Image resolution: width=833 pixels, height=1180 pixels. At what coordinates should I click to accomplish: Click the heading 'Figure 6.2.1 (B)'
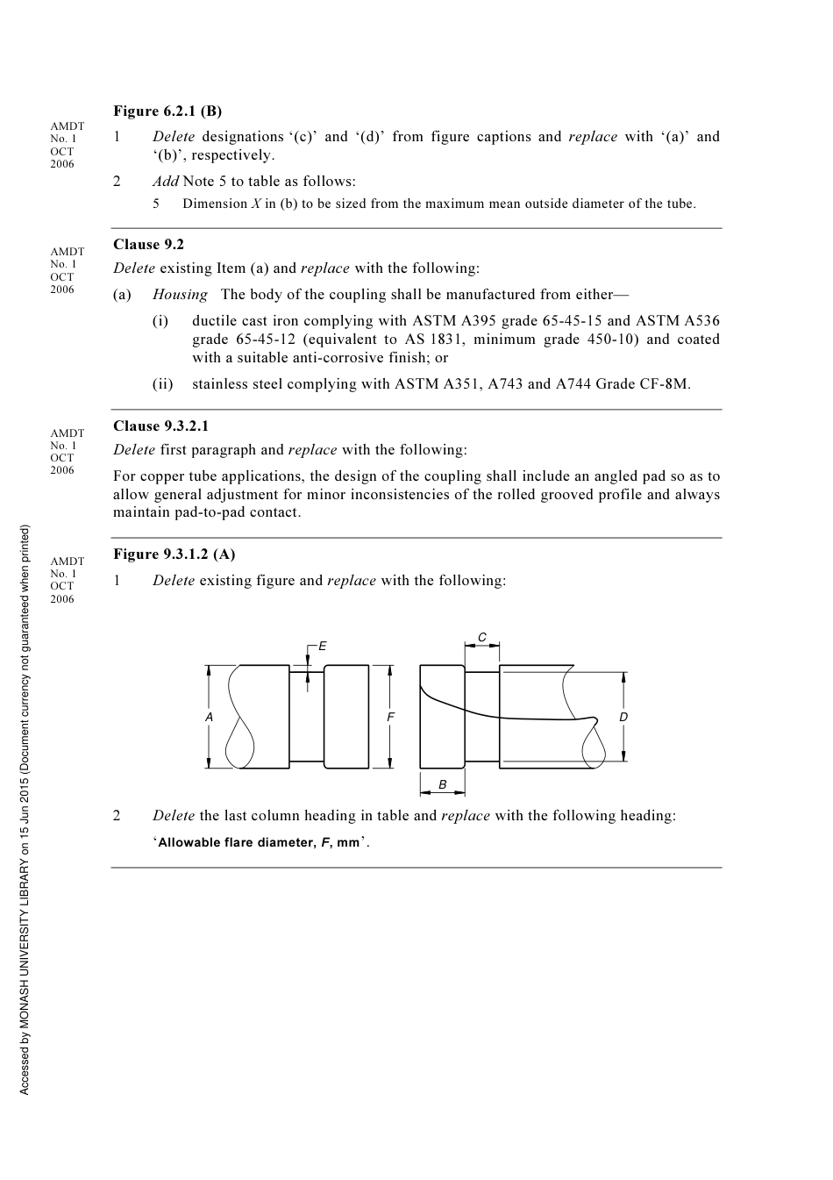[x=167, y=111]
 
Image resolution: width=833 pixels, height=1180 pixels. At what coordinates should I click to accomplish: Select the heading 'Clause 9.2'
[x=148, y=245]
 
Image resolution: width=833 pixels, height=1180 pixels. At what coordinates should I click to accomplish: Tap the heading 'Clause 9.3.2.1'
[x=161, y=426]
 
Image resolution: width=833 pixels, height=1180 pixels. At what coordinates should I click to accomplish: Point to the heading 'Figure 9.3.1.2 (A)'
[x=174, y=554]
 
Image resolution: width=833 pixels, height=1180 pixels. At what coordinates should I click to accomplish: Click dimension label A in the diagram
[x=209, y=717]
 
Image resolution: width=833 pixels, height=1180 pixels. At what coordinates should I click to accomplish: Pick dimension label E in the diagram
[x=323, y=647]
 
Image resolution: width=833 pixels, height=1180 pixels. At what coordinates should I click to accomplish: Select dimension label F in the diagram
[x=391, y=717]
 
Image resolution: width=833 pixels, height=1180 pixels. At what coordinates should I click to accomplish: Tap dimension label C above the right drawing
[x=481, y=638]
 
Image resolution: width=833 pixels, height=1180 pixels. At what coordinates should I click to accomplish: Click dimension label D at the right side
[x=623, y=717]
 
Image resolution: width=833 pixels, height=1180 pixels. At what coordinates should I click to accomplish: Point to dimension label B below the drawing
[x=443, y=784]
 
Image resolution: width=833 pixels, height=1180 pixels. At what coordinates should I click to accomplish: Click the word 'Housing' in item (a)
[x=180, y=295]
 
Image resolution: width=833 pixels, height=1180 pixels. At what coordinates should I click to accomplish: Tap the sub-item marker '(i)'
[x=160, y=321]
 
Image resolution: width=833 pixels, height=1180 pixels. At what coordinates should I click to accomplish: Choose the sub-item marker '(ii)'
[x=163, y=384]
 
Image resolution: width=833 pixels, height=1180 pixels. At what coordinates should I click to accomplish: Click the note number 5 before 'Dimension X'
[x=156, y=204]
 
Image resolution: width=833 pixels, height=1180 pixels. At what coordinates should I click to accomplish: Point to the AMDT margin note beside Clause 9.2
[x=67, y=270]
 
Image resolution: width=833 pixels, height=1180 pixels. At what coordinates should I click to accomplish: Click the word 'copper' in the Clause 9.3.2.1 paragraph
[x=165, y=476]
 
